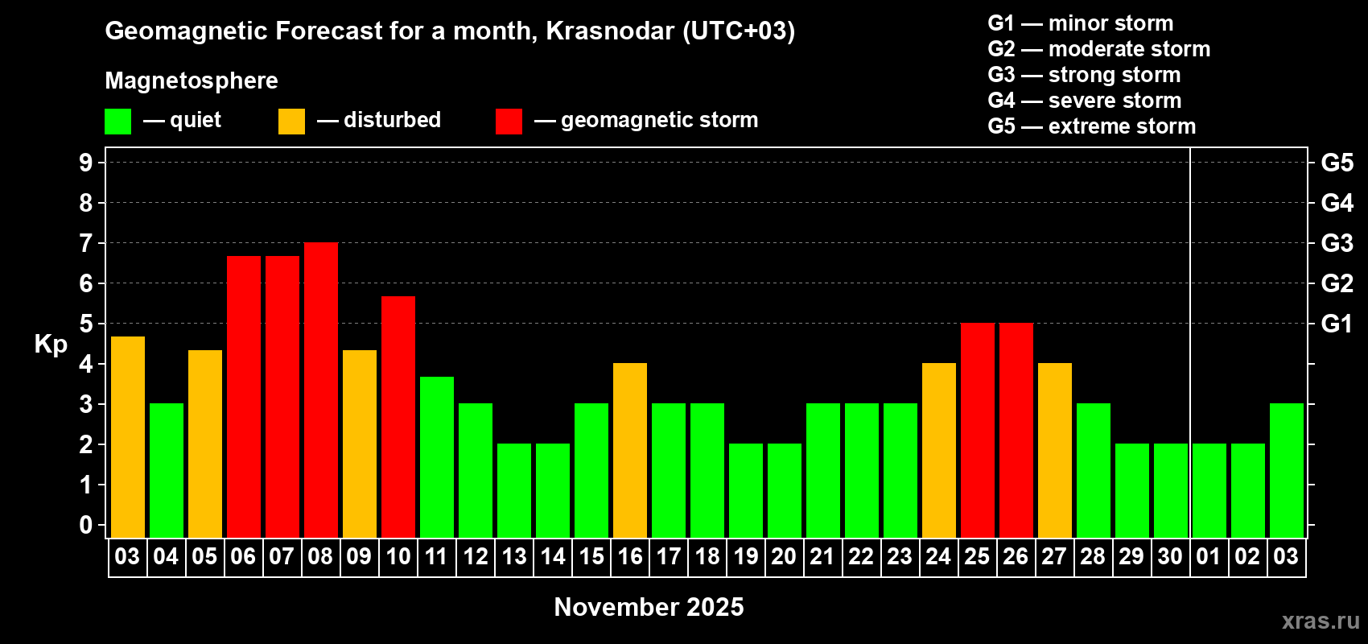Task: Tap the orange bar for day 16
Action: point(630,451)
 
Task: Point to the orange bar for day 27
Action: point(1055,451)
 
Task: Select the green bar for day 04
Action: point(167,471)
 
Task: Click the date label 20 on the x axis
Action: point(784,556)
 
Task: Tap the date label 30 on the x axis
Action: point(1170,556)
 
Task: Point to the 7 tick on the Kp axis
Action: point(86,243)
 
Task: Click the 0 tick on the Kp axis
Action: point(86,525)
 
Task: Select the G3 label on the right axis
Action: point(1337,243)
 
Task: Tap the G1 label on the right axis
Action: point(1337,324)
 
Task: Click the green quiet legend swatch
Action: point(118,122)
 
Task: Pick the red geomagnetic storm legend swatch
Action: point(509,122)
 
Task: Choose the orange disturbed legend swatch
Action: point(291,122)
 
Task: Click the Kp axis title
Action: point(51,345)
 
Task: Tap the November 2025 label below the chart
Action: point(649,607)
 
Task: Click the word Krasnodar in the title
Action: point(610,31)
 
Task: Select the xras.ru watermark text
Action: point(1321,621)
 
